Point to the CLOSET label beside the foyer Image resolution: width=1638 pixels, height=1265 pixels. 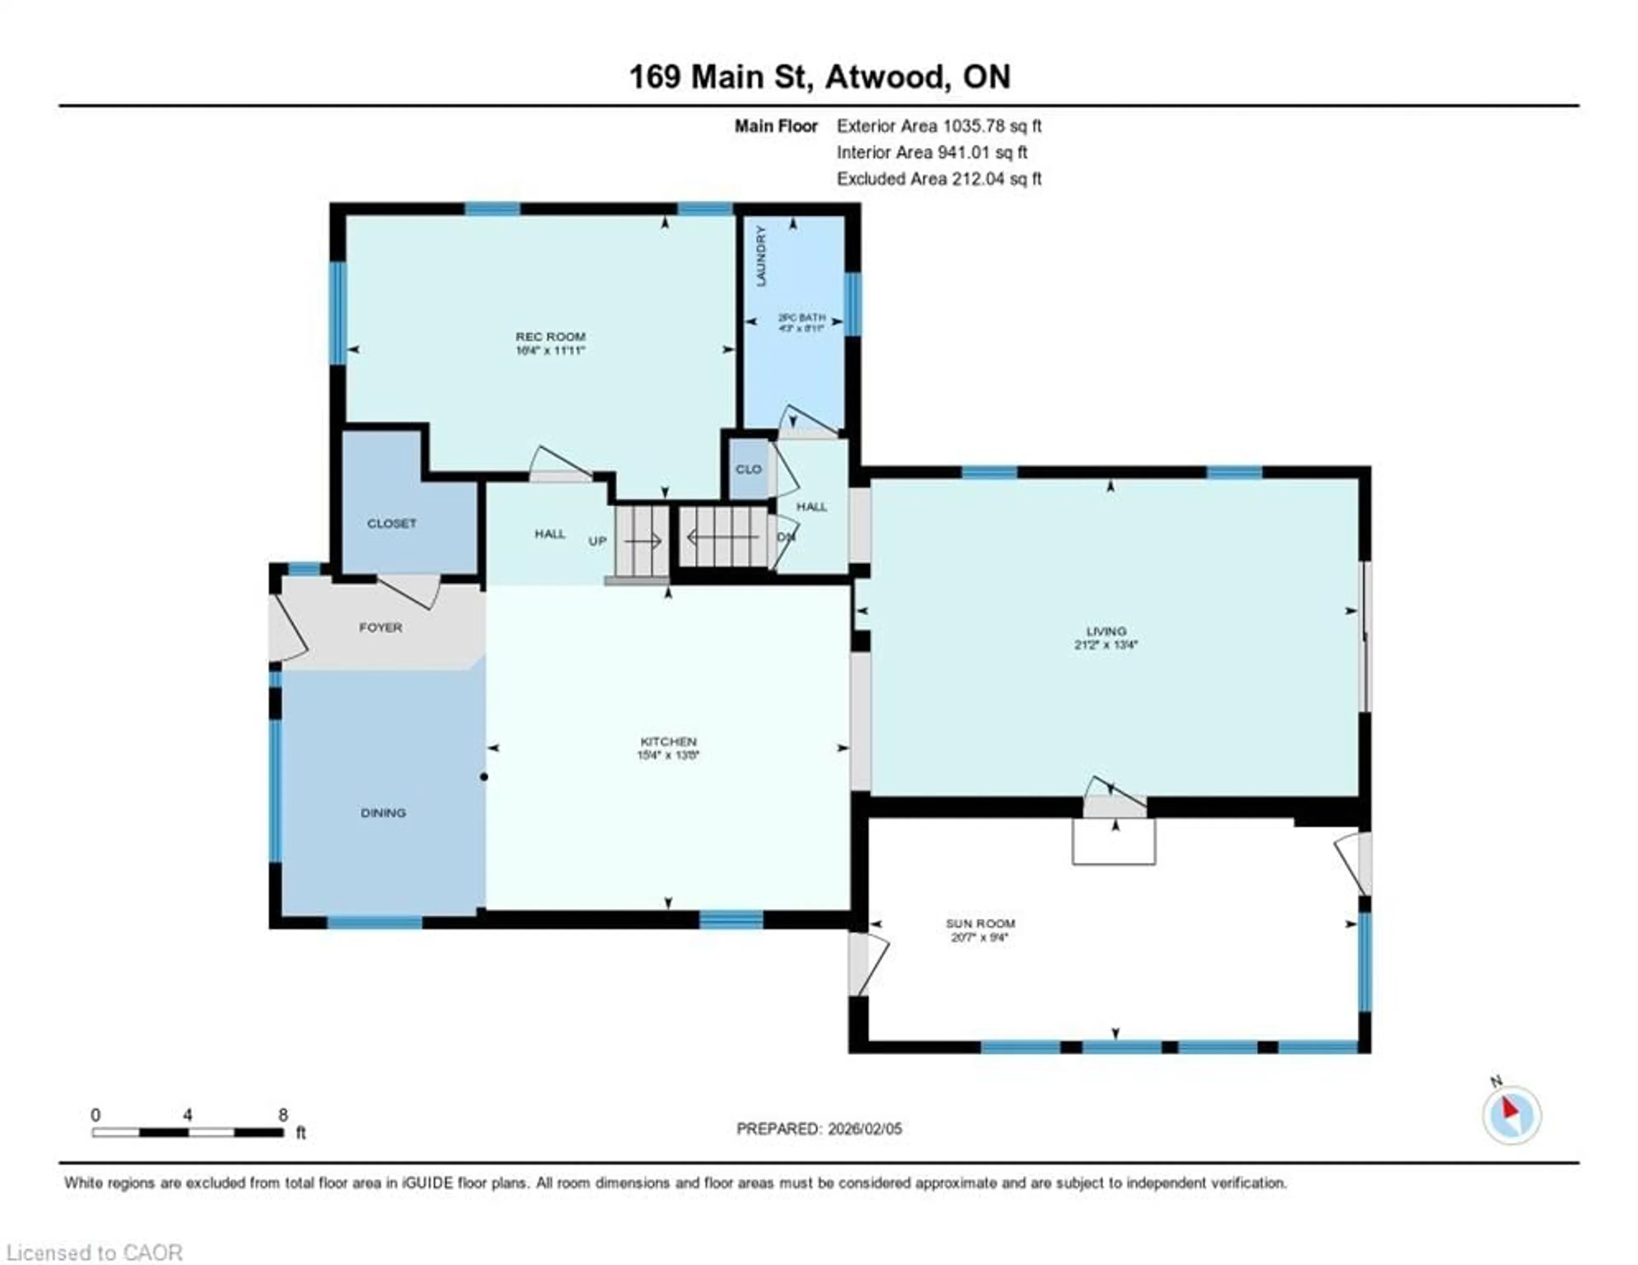(392, 524)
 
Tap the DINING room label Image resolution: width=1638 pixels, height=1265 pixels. (383, 813)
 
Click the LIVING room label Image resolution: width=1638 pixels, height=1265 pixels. (1106, 631)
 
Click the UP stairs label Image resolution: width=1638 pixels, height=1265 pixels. (597, 541)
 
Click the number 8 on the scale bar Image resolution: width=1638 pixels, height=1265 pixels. (283, 1115)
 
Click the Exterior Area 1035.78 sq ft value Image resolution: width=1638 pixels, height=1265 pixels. (939, 126)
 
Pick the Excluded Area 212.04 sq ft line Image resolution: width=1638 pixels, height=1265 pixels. (939, 179)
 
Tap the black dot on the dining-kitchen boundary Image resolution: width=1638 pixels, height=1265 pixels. (484, 777)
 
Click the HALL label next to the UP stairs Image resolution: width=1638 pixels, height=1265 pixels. (550, 534)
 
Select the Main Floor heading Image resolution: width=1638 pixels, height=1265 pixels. (775, 126)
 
